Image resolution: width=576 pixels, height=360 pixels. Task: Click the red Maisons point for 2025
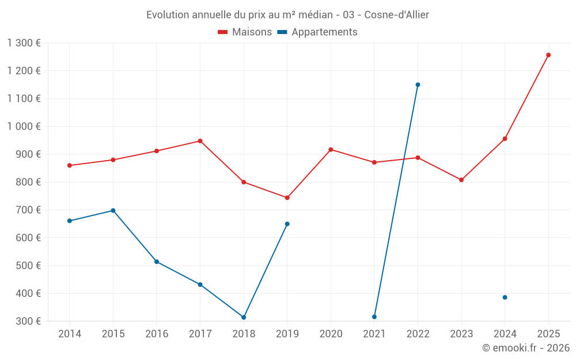[x=548, y=55]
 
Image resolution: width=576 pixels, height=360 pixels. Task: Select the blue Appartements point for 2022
[x=418, y=85]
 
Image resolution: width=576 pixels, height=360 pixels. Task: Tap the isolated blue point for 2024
[x=505, y=297]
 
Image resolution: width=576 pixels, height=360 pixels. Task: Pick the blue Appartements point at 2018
[x=244, y=317]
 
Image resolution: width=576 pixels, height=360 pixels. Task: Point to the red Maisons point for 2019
[x=287, y=198]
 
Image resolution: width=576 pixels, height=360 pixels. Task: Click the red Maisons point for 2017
[x=200, y=141]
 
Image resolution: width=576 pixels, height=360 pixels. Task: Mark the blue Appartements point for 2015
[x=113, y=210]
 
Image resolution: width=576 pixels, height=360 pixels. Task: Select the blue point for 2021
[x=374, y=317]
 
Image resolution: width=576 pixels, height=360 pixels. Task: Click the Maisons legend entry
[x=245, y=32]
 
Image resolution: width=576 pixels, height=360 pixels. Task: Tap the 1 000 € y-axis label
[x=24, y=126]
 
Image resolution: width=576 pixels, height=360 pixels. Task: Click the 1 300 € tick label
[x=24, y=43]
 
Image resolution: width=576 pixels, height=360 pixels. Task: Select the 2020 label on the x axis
[x=331, y=334]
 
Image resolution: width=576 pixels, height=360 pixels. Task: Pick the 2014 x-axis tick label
[x=69, y=334]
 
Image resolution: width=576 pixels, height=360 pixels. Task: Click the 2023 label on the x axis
[x=461, y=334]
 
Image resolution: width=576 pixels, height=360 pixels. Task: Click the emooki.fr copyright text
[x=525, y=348]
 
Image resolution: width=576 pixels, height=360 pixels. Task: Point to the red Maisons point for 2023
[x=461, y=180]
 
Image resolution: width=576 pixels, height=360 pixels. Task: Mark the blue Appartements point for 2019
[x=287, y=223]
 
